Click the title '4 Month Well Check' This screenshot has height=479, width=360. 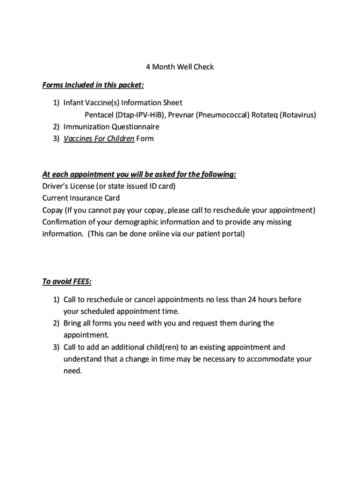click(180, 67)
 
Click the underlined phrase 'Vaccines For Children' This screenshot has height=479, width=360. click(99, 138)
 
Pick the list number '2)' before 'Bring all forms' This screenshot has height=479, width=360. click(56, 323)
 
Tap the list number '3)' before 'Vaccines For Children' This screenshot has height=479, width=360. click(56, 138)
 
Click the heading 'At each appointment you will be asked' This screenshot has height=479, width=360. click(139, 174)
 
